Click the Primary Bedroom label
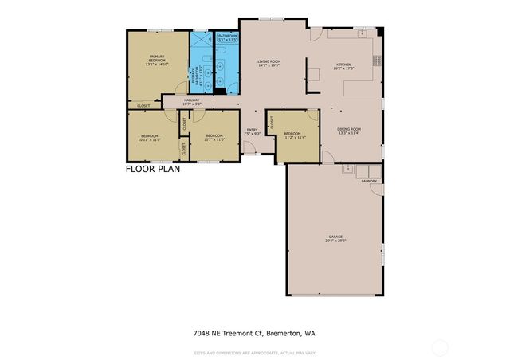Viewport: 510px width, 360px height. tap(157, 58)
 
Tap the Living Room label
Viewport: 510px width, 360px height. tap(269, 63)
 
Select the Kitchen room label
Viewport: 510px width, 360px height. tap(343, 66)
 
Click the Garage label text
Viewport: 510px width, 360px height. tap(336, 237)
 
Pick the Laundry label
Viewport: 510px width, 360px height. tap(368, 181)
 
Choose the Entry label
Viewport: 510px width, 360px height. tap(252, 131)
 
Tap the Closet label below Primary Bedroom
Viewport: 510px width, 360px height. tap(144, 106)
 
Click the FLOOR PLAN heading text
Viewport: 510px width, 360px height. tap(153, 169)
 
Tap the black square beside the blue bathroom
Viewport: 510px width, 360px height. tap(218, 89)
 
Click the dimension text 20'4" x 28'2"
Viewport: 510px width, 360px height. tap(336, 241)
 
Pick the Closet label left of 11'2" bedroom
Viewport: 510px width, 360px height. tap(272, 123)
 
